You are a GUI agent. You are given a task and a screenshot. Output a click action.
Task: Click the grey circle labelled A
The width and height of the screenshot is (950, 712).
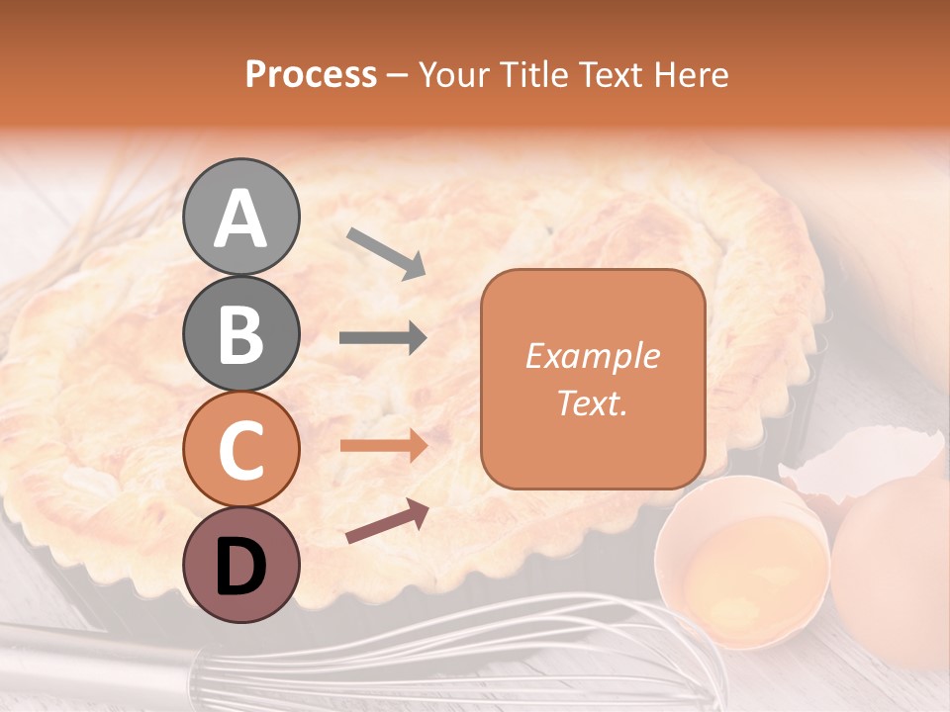240,217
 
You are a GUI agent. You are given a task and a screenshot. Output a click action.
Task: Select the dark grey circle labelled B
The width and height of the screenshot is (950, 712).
240,333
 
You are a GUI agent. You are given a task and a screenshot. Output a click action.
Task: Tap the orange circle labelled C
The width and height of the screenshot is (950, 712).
240,449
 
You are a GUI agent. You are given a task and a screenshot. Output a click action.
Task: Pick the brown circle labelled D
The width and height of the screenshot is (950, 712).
240,565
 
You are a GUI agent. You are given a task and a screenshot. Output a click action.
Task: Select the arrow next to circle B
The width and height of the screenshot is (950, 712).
383,338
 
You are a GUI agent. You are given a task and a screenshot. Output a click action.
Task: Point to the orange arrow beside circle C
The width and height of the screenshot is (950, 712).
383,445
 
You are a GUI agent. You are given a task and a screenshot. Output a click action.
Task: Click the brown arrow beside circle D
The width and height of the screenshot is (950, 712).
387,521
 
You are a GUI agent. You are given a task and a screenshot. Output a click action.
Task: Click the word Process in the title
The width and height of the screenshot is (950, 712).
311,74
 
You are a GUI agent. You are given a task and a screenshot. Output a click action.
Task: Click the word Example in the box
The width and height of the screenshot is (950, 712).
592,356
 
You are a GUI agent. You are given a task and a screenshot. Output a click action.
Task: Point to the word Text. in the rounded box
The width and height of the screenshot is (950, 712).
592,403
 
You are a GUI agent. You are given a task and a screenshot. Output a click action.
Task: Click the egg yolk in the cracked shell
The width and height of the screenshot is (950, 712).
750,569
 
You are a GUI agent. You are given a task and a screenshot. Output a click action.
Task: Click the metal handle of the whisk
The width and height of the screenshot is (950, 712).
89,658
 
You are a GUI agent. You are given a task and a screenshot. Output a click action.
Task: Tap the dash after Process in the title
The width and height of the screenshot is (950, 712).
398,75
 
